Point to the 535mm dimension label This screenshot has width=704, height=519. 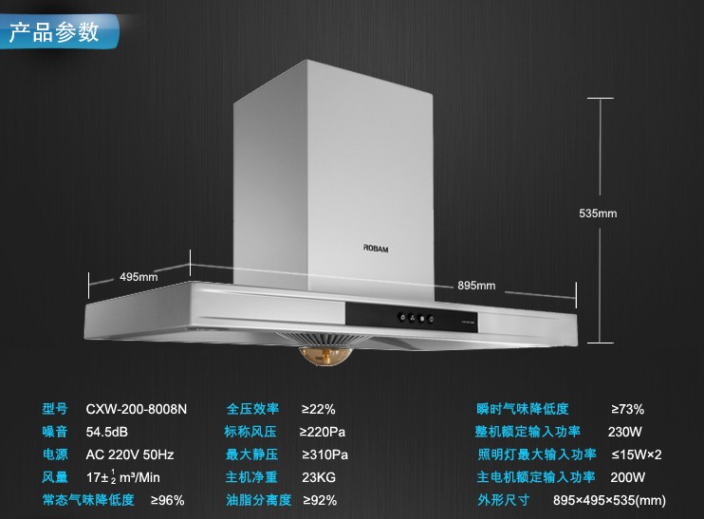(x=598, y=213)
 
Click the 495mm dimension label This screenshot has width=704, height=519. (x=139, y=277)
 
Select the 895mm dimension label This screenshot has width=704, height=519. (x=476, y=285)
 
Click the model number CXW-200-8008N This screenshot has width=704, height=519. (x=137, y=409)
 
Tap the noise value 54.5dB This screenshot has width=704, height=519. (x=107, y=432)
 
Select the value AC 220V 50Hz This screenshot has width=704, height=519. (x=130, y=454)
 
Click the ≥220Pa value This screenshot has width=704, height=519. (x=324, y=432)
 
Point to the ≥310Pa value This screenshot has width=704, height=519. (x=324, y=454)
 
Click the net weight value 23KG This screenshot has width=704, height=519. (x=318, y=477)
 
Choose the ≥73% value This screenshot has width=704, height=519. (x=626, y=409)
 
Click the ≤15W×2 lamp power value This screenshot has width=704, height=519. (x=636, y=454)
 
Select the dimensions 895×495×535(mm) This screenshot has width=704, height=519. (x=609, y=500)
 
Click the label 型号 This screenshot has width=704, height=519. (x=55, y=409)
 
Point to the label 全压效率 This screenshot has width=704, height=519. (x=252, y=409)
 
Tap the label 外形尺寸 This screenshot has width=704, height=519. (x=503, y=500)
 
